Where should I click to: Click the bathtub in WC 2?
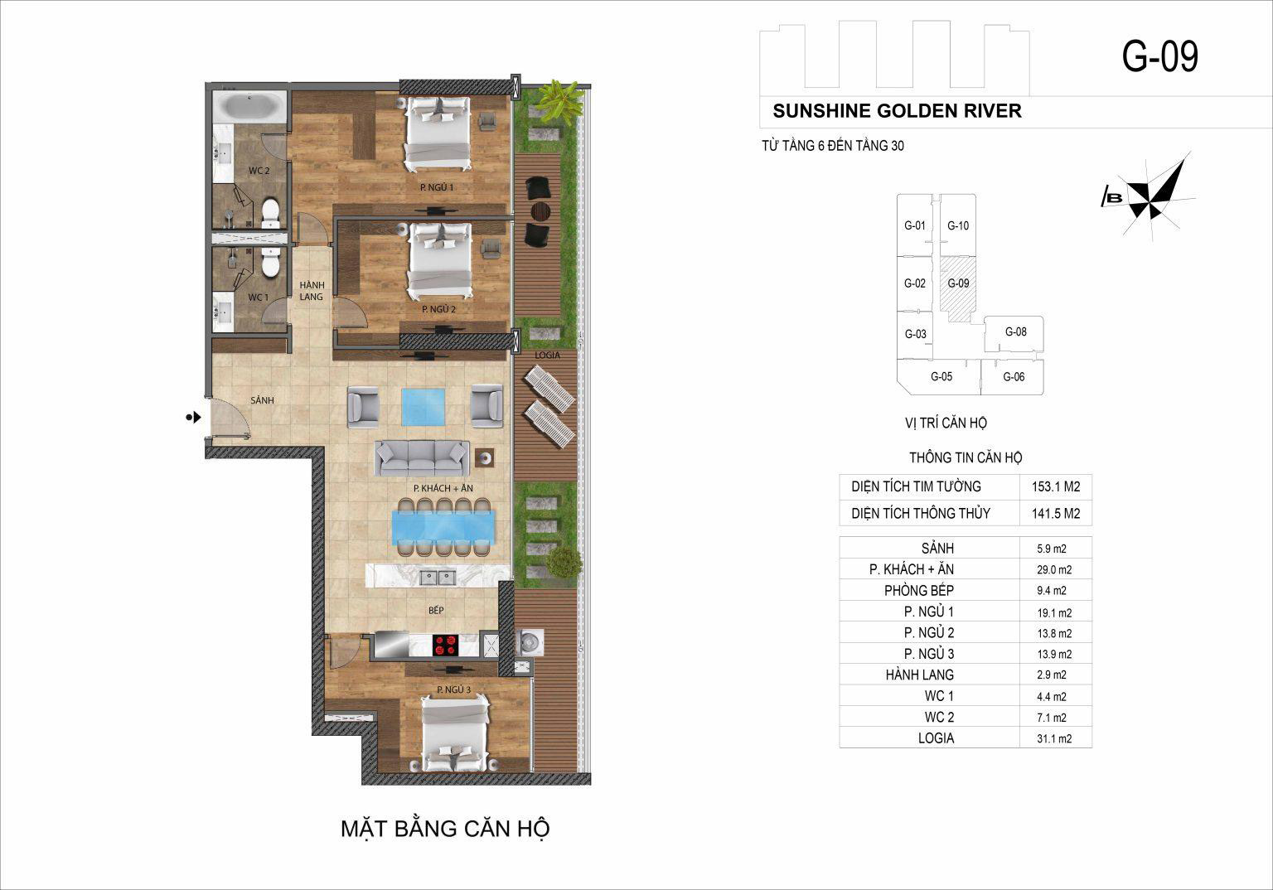coord(249,106)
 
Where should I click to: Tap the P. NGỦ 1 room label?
coord(437,187)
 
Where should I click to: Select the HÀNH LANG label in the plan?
coord(312,290)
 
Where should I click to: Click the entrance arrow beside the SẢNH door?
coord(194,418)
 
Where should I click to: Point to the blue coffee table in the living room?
coord(424,407)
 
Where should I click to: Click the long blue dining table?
coord(443,528)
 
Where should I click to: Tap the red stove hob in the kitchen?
coord(446,645)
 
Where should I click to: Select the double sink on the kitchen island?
coord(438,578)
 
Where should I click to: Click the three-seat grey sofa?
coord(422,458)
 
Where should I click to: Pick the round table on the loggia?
coord(540,211)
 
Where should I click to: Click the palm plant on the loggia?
coord(559,102)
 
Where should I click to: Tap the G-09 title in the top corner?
coord(1160,56)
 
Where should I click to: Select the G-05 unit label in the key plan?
coord(941,376)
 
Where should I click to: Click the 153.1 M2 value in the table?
coord(1056,486)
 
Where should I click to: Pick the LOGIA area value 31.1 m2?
coord(1054,739)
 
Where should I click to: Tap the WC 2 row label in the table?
coord(939,718)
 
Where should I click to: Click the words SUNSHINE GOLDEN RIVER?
coord(898,111)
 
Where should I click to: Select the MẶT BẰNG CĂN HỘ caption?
coord(445,830)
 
